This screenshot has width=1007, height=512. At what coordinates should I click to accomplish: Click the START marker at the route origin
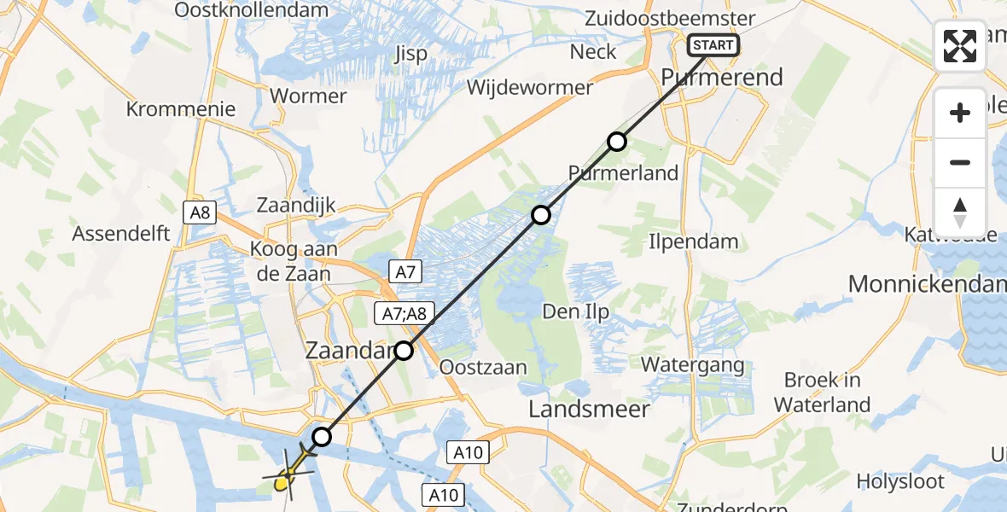(712, 45)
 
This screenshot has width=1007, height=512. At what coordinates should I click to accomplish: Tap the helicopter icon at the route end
(288, 478)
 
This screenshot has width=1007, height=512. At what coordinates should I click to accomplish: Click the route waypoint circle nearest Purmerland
(617, 142)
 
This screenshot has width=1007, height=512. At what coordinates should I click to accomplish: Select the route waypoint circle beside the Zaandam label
(404, 350)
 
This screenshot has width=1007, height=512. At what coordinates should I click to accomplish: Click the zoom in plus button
(960, 113)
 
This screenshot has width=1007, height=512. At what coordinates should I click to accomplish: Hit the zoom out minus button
(960, 162)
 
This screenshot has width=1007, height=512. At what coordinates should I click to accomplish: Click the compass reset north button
(960, 212)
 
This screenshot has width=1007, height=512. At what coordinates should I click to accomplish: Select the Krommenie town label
(180, 109)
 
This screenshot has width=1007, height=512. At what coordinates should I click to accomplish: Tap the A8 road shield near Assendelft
(200, 212)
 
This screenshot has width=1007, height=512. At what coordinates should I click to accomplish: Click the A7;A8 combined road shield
(404, 315)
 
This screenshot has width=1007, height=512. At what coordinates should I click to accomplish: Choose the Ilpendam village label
(693, 241)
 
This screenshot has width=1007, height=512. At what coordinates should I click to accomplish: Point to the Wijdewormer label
(529, 87)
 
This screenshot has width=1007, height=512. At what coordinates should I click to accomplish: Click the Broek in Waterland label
(823, 393)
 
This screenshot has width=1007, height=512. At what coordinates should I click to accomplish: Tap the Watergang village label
(692, 365)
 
